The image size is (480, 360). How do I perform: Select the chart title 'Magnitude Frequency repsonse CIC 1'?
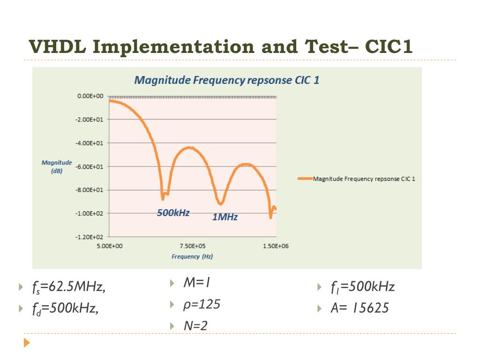[x=227, y=80]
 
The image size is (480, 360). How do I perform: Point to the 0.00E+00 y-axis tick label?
[x=90, y=96]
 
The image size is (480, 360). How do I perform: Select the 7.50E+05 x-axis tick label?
[x=193, y=246]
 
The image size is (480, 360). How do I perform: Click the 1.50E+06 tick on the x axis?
[x=276, y=246]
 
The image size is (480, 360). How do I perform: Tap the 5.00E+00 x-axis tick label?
[x=109, y=246]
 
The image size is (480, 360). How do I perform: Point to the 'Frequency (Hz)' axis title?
[x=192, y=256]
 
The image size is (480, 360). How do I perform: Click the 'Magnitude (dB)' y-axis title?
[x=57, y=166]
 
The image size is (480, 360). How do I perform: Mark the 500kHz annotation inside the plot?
[x=173, y=213]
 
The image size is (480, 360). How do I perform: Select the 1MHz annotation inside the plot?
[x=225, y=217]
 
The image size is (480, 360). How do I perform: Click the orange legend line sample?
[x=305, y=179]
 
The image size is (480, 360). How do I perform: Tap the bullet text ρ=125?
[x=202, y=305]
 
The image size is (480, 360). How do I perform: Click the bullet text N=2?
[x=195, y=325]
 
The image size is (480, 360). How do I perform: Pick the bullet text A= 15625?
[x=359, y=308]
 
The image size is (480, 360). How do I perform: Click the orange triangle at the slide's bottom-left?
[x=27, y=343]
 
